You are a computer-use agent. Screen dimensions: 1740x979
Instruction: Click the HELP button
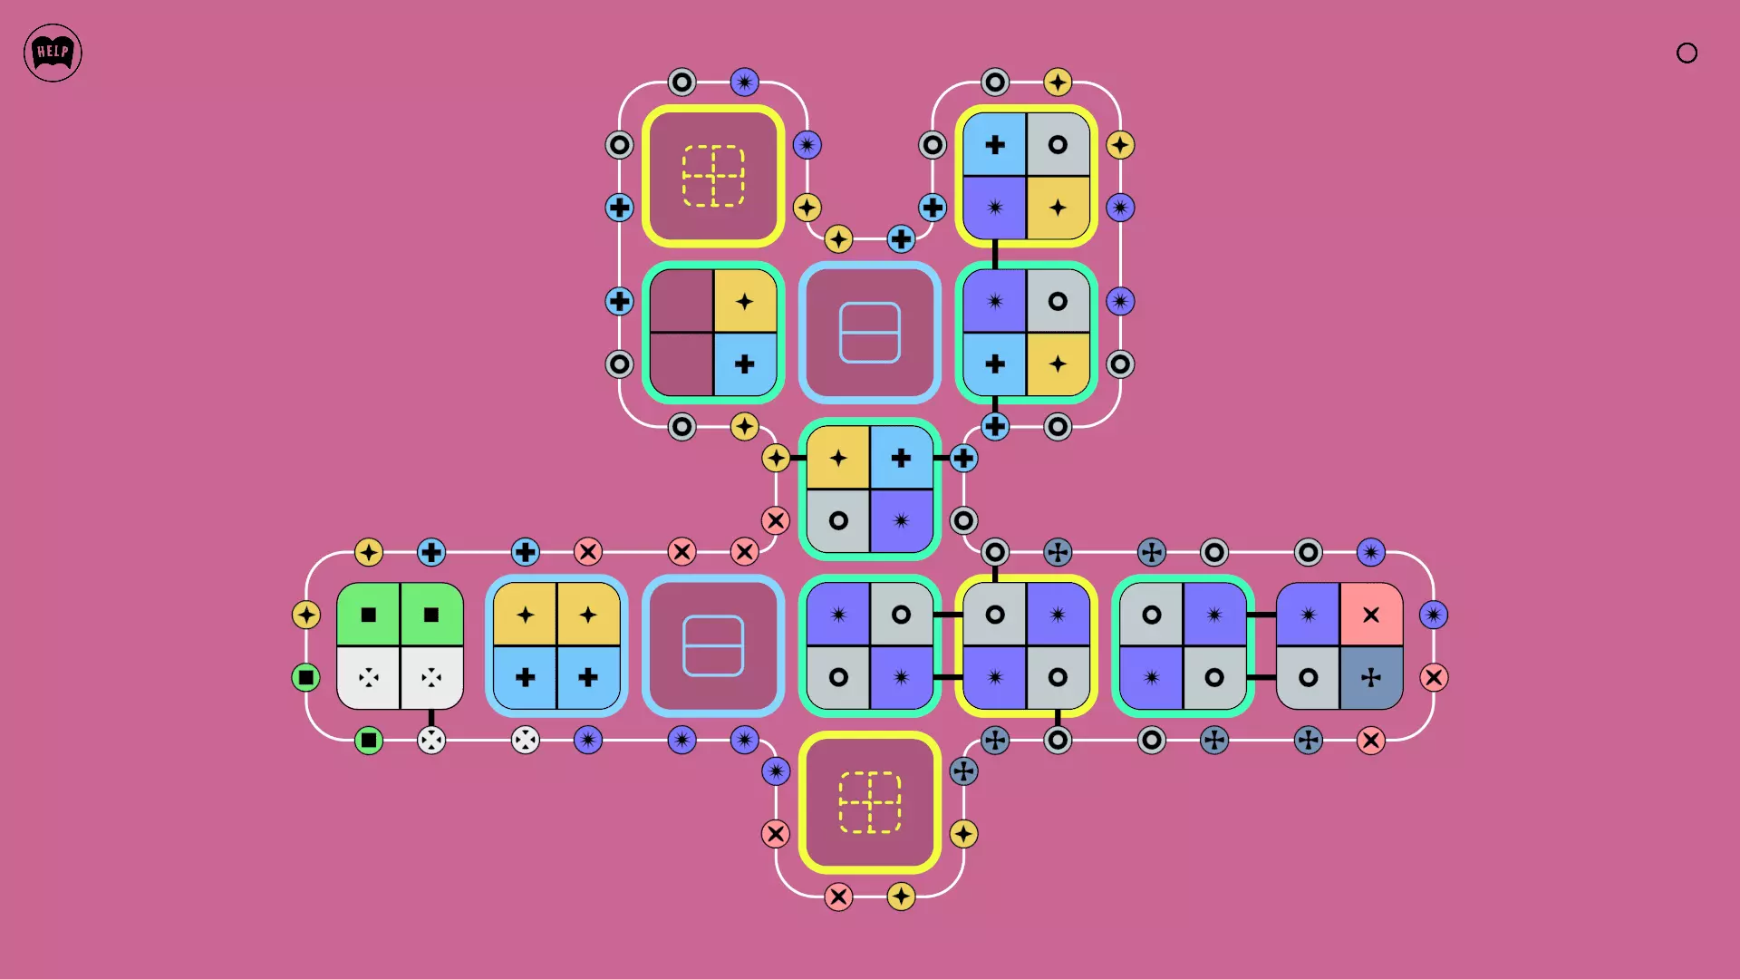53,53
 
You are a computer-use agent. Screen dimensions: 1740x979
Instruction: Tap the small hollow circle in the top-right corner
1687,53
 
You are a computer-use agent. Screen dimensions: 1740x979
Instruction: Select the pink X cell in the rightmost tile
1371,615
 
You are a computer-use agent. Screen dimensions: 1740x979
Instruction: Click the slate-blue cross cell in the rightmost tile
1371,677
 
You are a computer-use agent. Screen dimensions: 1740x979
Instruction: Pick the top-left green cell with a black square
368,615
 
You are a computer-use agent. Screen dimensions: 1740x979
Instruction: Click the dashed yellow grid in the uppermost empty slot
713,176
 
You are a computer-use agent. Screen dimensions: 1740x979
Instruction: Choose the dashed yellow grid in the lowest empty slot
870,802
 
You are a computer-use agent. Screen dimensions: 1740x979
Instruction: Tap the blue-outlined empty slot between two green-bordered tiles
870,333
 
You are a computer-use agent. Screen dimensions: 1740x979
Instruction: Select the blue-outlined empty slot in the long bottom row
713,645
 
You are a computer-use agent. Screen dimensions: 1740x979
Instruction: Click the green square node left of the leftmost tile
306,677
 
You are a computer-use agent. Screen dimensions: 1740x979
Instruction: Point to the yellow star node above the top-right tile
1058,82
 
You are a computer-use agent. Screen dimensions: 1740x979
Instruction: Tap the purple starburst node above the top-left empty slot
745,82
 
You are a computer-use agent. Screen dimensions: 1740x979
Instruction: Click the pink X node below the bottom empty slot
838,897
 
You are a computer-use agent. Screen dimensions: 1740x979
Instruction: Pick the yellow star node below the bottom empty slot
901,897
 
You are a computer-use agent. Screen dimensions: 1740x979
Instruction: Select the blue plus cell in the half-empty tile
745,364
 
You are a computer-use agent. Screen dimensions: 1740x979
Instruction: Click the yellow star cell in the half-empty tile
745,301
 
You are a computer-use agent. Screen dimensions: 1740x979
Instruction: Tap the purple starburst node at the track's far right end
1434,615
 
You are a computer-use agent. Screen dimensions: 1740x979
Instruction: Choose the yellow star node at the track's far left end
306,615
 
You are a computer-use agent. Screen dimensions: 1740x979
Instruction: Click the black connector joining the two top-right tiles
995,254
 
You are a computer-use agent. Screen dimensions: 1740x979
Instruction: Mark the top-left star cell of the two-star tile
525,615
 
